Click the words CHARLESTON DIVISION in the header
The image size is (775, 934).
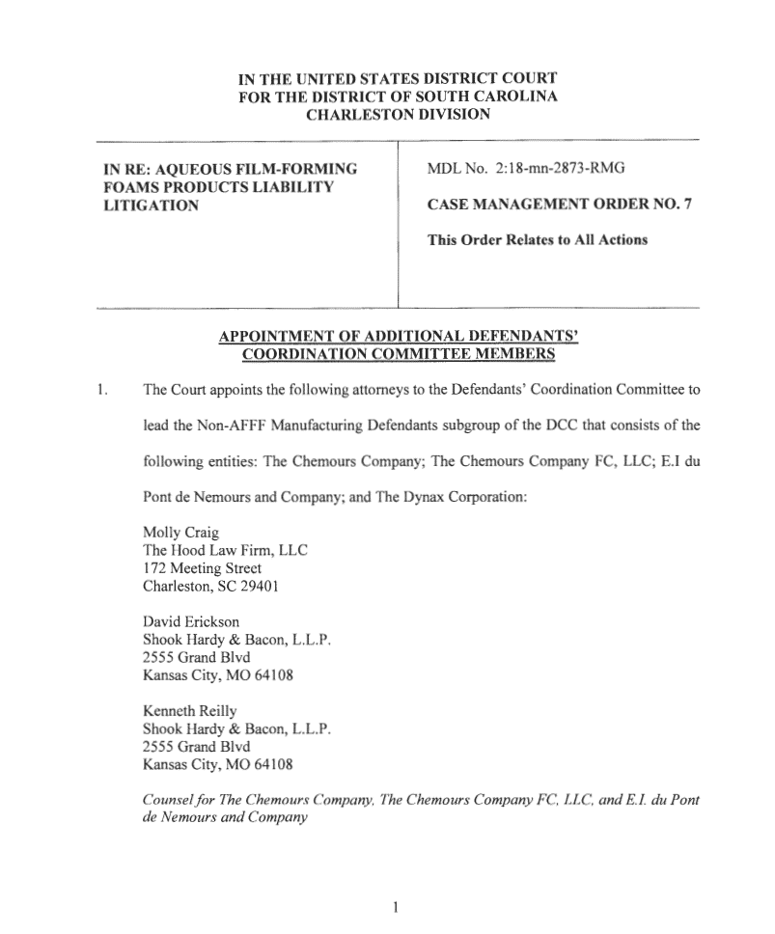click(397, 115)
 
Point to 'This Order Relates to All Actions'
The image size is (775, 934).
click(537, 240)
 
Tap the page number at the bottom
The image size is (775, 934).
click(396, 906)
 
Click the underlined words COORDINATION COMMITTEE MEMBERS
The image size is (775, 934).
click(397, 353)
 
